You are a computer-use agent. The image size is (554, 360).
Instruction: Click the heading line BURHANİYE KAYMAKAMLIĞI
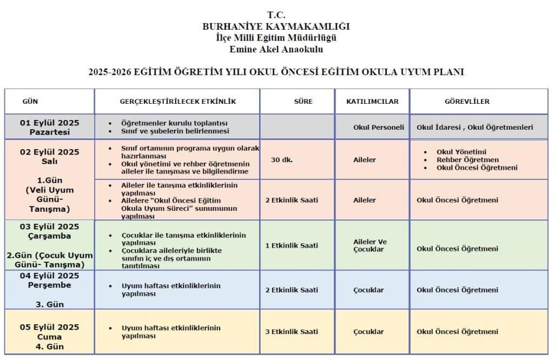(276, 26)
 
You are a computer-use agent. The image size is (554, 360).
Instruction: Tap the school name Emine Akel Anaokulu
(276, 50)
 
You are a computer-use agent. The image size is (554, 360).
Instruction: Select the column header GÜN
(30, 101)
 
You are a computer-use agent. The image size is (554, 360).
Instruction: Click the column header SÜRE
(303, 101)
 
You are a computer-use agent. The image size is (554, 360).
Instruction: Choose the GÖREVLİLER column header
(467, 101)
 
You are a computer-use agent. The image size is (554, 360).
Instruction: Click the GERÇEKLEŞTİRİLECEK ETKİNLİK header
(177, 101)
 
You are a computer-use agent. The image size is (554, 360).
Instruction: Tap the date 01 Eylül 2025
(49, 123)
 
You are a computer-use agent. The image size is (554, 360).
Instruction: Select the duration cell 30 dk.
(282, 160)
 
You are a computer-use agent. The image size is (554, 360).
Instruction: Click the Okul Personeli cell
(378, 128)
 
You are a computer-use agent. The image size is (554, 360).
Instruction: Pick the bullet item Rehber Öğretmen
(467, 160)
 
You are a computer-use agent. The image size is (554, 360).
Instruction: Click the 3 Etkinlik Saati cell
(292, 331)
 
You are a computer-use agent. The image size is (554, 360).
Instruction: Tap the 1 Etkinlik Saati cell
(292, 245)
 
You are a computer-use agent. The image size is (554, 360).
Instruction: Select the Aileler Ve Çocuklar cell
(370, 245)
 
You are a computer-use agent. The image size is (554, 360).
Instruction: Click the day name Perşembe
(49, 285)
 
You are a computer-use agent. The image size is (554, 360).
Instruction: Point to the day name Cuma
(49, 337)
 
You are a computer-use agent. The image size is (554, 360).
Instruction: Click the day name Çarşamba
(49, 236)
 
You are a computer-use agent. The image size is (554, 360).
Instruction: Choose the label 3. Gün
(49, 304)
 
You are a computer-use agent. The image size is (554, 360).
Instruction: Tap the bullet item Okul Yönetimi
(461, 152)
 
